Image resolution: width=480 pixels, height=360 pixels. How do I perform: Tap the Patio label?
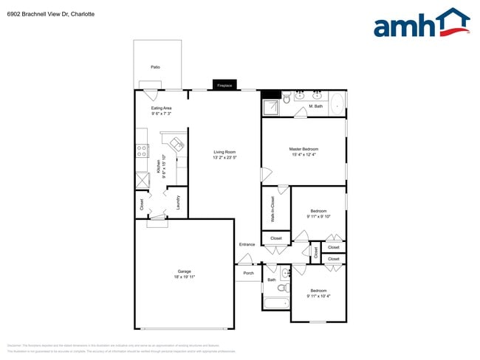[x=155, y=67]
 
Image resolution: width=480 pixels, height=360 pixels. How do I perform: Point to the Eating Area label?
[x=162, y=108]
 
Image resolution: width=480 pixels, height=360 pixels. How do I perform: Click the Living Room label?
[x=224, y=152]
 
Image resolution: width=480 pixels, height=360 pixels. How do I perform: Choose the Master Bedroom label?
[x=304, y=149]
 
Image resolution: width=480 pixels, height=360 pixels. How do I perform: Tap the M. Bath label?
[x=315, y=106]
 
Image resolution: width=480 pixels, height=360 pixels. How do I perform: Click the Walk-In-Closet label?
[x=272, y=210]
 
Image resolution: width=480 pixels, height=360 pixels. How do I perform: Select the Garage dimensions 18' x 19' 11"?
[x=184, y=277]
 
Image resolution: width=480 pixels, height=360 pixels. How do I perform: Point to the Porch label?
[x=248, y=273]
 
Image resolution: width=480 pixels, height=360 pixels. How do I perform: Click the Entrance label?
[x=247, y=244]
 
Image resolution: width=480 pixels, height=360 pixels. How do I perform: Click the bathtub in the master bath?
[x=337, y=103]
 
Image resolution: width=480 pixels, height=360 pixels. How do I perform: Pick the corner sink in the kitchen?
[x=177, y=143]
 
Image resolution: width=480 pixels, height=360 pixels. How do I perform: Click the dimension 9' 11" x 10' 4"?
[x=318, y=296]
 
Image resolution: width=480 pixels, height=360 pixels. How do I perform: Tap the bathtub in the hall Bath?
[x=275, y=303]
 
